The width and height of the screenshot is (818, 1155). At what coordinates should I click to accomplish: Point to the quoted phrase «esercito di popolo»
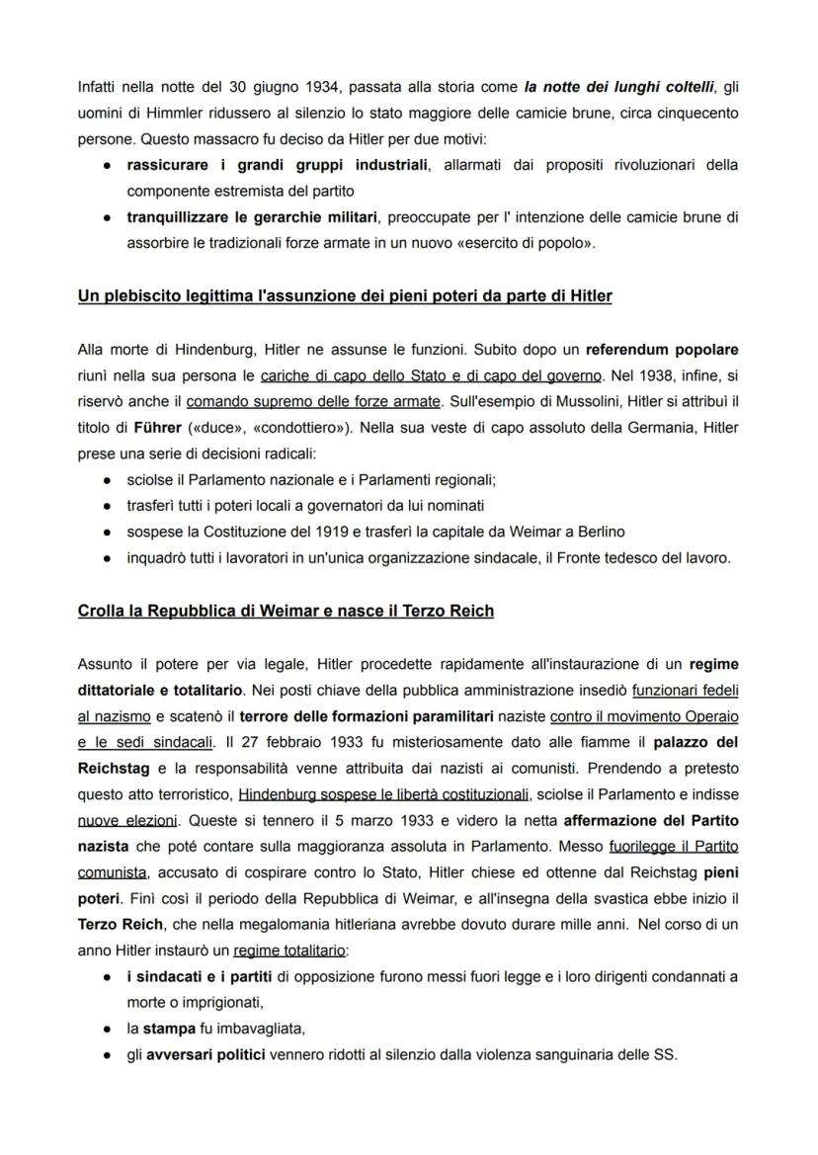click(x=532, y=242)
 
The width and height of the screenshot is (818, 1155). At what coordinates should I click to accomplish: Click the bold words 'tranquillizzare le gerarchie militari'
click(x=253, y=216)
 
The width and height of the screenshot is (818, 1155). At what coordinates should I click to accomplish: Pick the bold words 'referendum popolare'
click(x=662, y=350)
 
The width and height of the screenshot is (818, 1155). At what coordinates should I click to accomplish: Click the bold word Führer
click(x=157, y=427)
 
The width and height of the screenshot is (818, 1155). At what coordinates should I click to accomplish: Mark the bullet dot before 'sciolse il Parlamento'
click(x=106, y=480)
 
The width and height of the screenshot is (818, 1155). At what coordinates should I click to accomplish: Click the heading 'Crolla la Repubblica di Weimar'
click(x=286, y=611)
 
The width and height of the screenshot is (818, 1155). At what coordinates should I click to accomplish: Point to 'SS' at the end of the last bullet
click(x=666, y=1054)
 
